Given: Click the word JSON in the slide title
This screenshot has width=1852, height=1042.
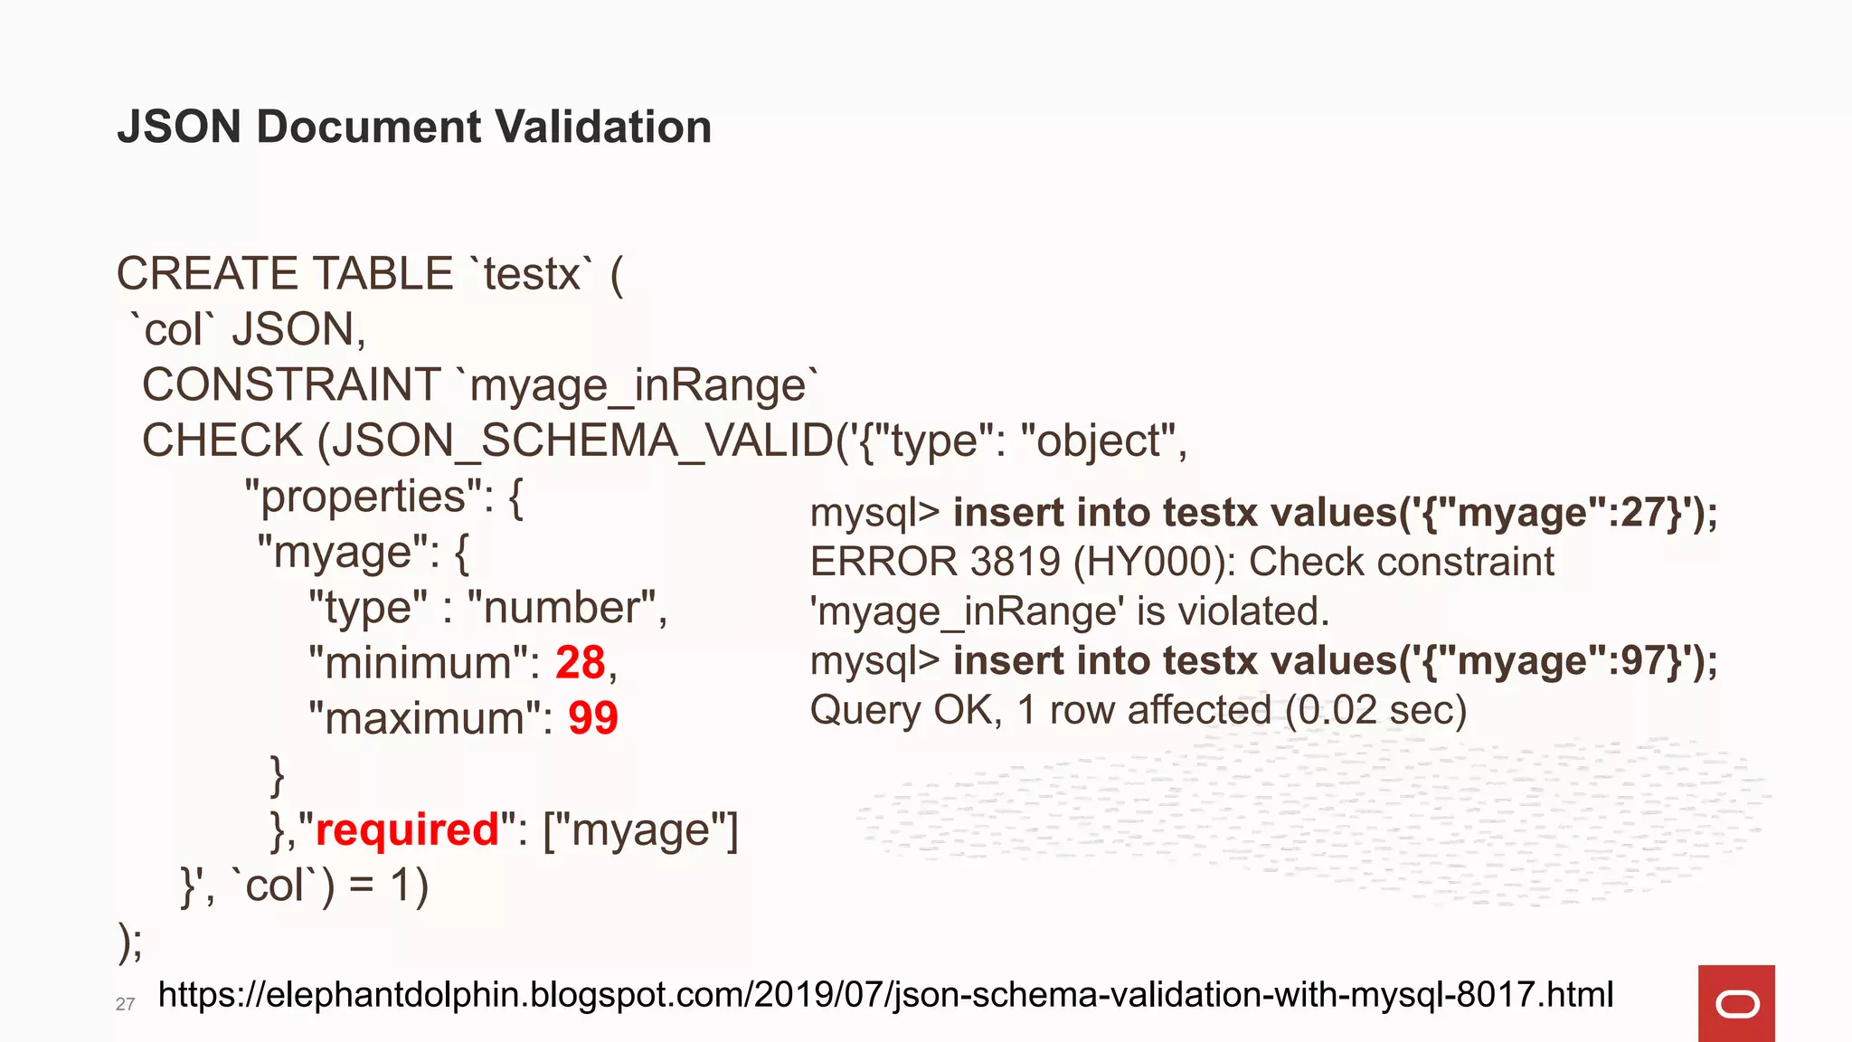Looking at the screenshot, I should pyautogui.click(x=178, y=127).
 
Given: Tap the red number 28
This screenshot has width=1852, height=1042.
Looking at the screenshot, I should pyautogui.click(x=580, y=663).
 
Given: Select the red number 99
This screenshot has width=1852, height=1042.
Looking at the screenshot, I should pyautogui.click(x=592, y=719).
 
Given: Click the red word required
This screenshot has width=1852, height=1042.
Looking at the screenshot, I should pyautogui.click(x=407, y=829).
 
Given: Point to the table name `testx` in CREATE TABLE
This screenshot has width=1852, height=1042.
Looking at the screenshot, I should pyautogui.click(x=532, y=274).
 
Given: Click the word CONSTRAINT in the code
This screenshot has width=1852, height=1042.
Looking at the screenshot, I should pyautogui.click(x=291, y=385).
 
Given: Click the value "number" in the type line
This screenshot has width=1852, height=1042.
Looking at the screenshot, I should pyautogui.click(x=566, y=608).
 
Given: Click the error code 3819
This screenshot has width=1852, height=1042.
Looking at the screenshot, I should pyautogui.click(x=1014, y=562).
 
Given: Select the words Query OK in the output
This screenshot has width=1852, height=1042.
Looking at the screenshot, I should pyautogui.click(x=905, y=710).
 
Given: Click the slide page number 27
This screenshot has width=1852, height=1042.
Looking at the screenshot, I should pyautogui.click(x=125, y=1004).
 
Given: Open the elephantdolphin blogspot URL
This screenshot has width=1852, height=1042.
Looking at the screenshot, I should pyautogui.click(x=885, y=994).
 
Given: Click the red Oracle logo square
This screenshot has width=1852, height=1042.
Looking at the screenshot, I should pyautogui.click(x=1736, y=1003).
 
